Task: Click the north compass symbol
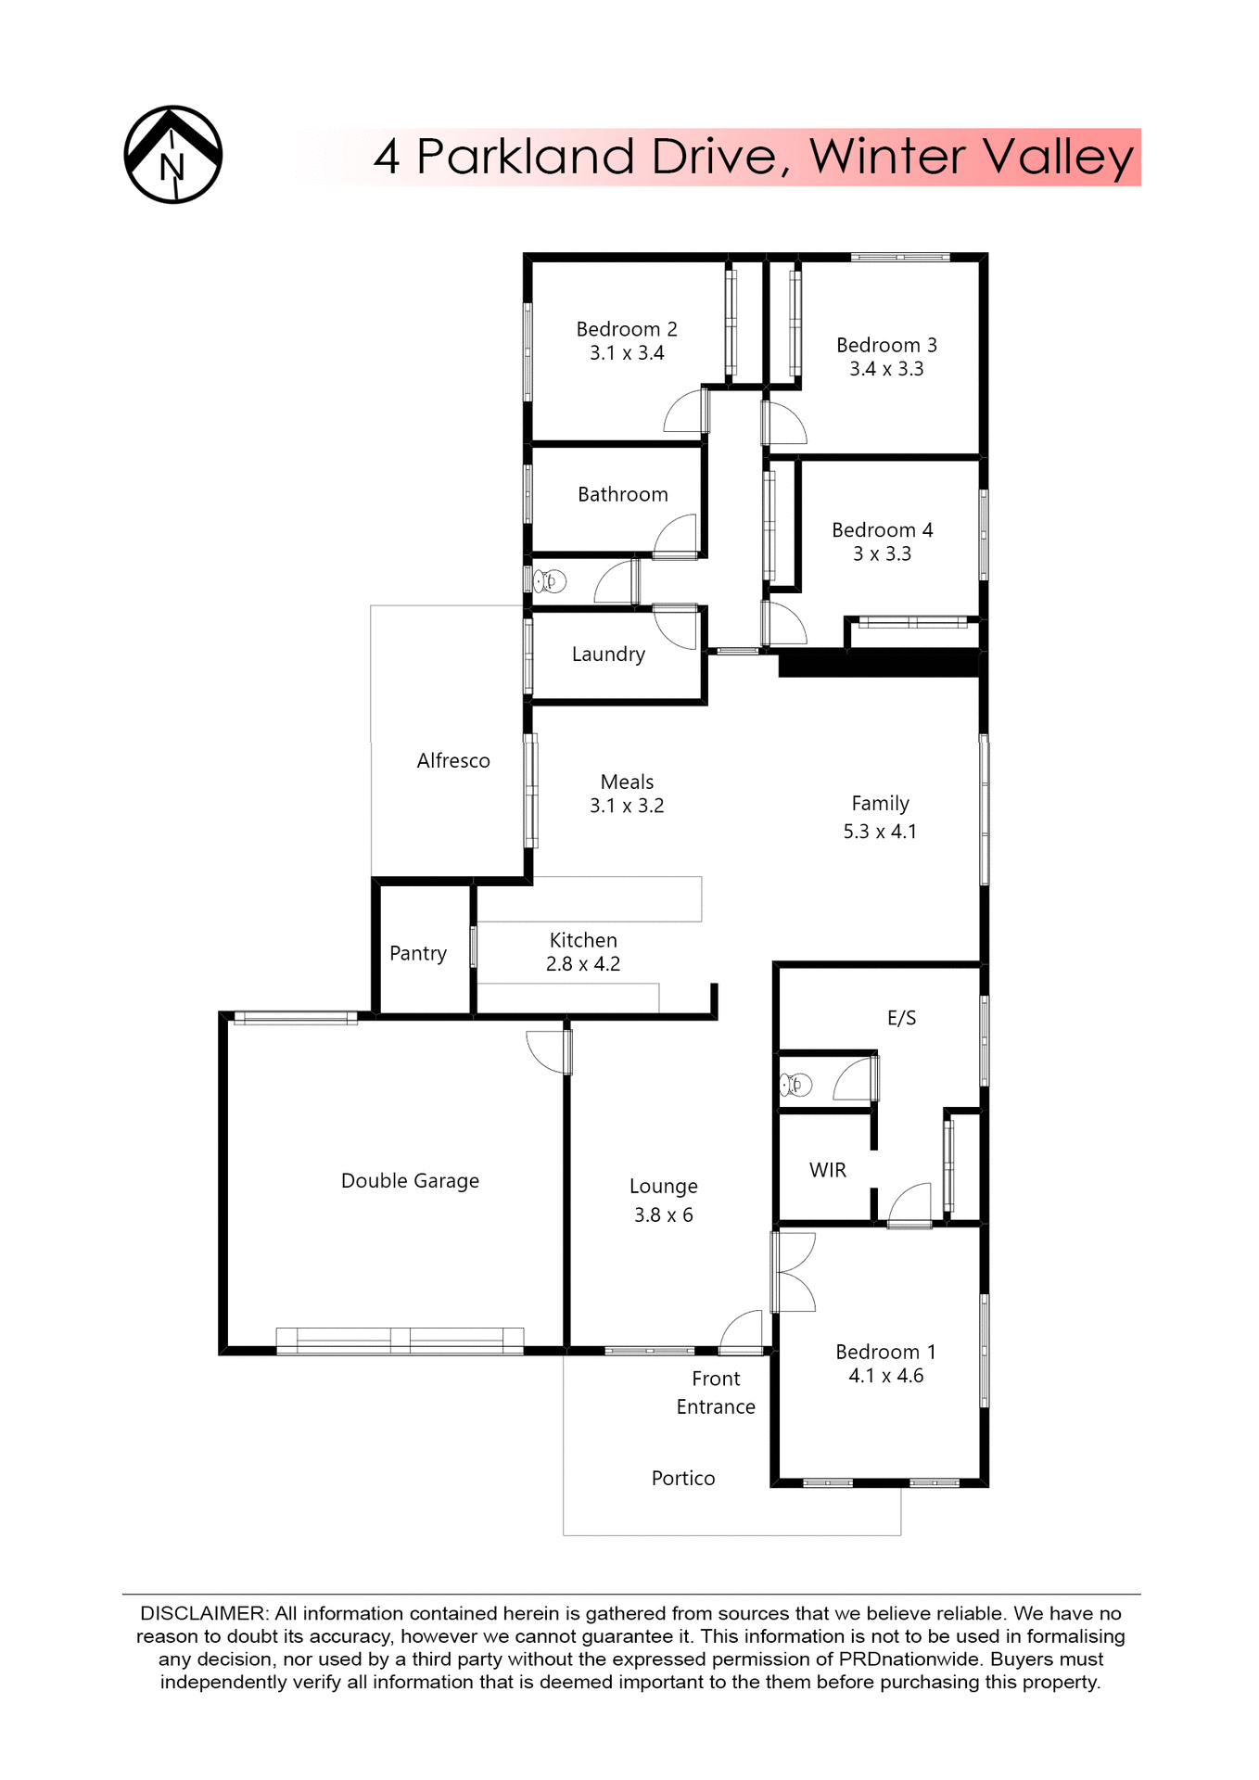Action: click(x=173, y=155)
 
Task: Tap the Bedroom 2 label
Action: click(x=627, y=329)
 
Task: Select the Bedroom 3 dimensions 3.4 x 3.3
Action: click(x=886, y=369)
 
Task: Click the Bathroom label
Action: click(x=622, y=494)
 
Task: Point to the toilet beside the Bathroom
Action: click(x=549, y=581)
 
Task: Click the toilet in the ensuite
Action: click(x=795, y=1083)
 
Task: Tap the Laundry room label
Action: click(x=608, y=655)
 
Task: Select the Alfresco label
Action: click(x=453, y=760)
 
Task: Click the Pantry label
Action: click(x=418, y=953)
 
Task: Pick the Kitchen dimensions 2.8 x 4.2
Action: click(x=583, y=964)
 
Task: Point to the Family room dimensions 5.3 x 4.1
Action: click(x=880, y=832)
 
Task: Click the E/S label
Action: click(x=901, y=1018)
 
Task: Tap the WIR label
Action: click(x=828, y=1170)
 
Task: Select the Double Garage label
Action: click(x=410, y=1180)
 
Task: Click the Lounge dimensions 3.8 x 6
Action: click(x=663, y=1214)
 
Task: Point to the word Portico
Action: click(x=683, y=1478)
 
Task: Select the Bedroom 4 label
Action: click(x=882, y=530)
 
